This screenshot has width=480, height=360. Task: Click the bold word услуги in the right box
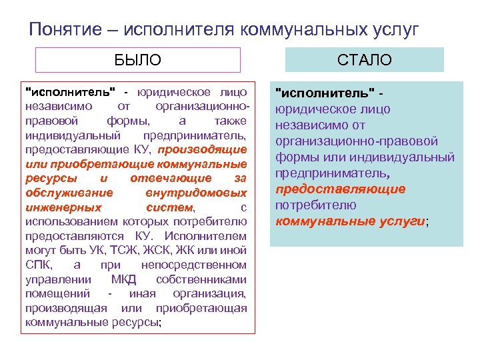(x=400, y=221)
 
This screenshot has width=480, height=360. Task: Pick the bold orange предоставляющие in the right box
(x=340, y=189)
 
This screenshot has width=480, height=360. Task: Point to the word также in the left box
(x=231, y=120)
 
